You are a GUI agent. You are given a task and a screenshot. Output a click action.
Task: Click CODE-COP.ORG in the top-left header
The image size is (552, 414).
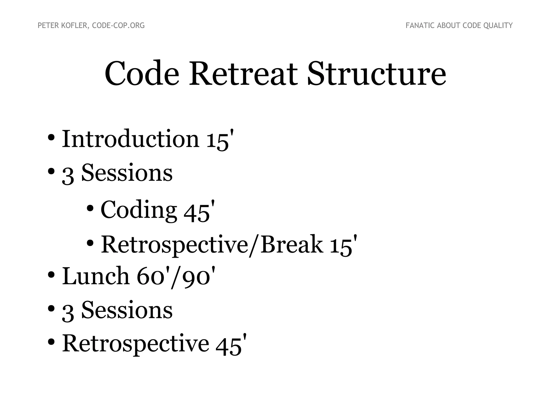[x=118, y=26]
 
